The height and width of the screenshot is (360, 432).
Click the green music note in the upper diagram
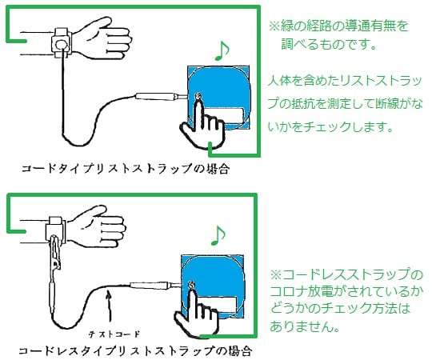221,50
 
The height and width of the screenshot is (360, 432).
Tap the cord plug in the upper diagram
154,98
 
